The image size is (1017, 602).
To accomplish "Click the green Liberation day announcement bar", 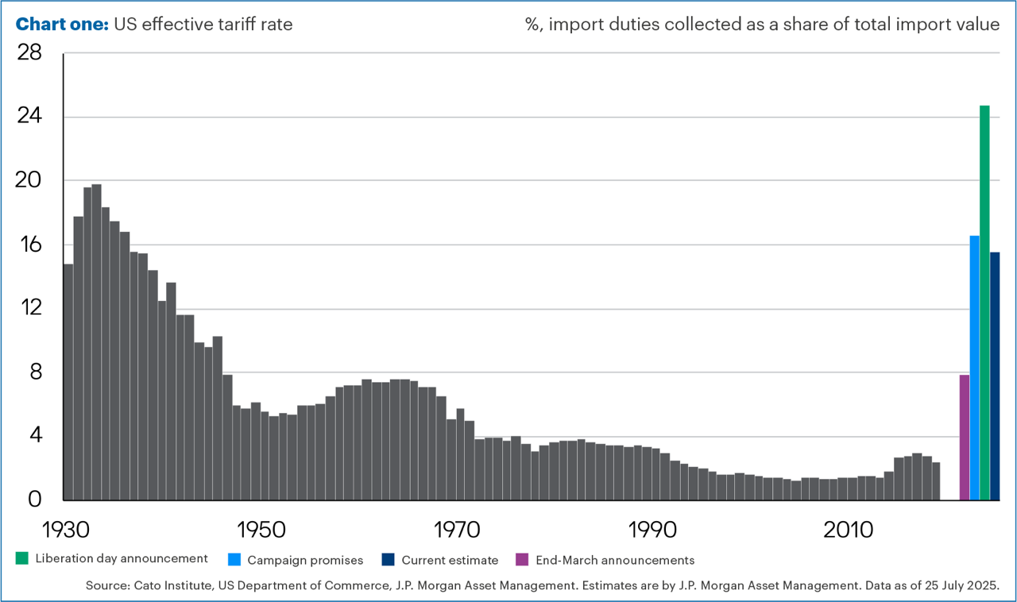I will pyautogui.click(x=984, y=302).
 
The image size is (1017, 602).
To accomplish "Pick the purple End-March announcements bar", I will pyautogui.click(x=965, y=437).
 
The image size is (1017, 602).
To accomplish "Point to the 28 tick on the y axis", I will pyautogui.click(x=29, y=53).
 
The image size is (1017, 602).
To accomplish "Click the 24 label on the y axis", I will pyautogui.click(x=29, y=117).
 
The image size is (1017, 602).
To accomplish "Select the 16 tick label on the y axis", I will pyautogui.click(x=29, y=245).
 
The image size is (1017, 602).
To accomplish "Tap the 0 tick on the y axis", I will pyautogui.click(x=35, y=500).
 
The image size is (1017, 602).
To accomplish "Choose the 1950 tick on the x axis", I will pyautogui.click(x=260, y=529).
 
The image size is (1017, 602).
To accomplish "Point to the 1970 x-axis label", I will pyautogui.click(x=457, y=529).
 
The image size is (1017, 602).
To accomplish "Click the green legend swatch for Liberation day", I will pyautogui.click(x=21, y=559).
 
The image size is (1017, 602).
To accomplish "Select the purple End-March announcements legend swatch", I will pyautogui.click(x=522, y=559).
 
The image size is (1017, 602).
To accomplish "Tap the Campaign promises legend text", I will pyautogui.click(x=305, y=560).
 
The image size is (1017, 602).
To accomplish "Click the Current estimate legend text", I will pyautogui.click(x=450, y=560).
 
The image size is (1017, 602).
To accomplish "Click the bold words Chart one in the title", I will pyautogui.click(x=62, y=24).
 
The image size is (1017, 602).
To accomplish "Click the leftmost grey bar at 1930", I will pyautogui.click(x=68, y=381).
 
